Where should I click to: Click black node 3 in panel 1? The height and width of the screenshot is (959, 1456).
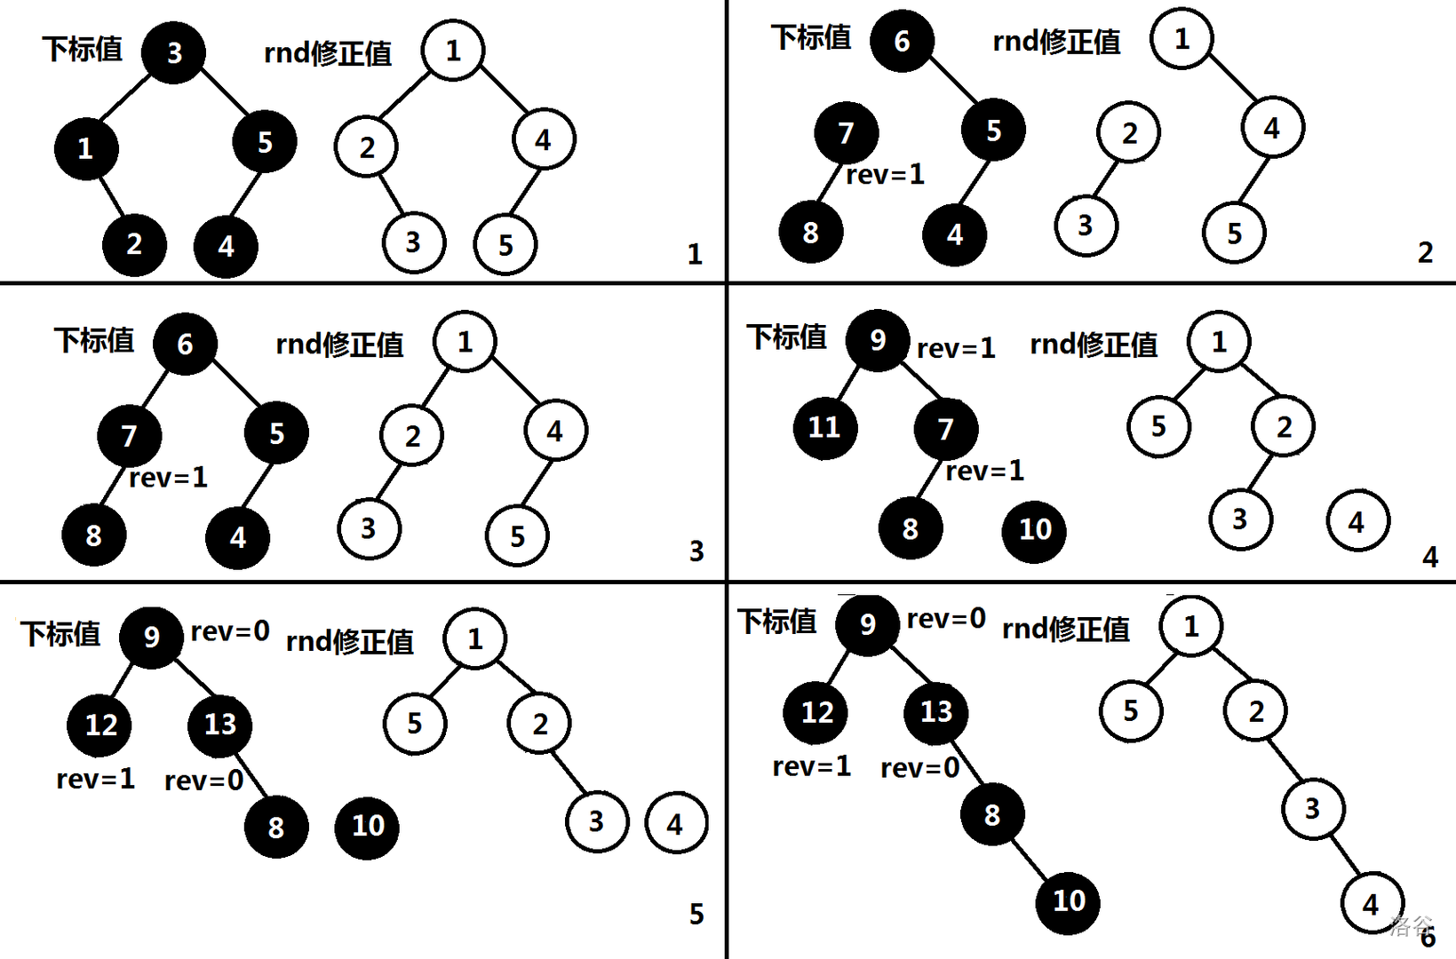[174, 52]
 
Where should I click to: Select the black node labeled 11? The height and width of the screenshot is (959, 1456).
[825, 428]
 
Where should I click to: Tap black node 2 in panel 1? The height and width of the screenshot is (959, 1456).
[134, 243]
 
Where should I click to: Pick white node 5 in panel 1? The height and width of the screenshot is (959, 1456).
[505, 244]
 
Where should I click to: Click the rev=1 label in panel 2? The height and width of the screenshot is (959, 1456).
[885, 175]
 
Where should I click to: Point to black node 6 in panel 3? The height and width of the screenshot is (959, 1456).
[185, 344]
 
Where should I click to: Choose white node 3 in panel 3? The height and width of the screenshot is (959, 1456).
[369, 528]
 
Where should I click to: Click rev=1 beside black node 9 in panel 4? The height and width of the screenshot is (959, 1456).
[956, 348]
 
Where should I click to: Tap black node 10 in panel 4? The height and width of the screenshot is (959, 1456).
[1034, 530]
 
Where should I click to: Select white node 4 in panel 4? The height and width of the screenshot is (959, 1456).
[1357, 521]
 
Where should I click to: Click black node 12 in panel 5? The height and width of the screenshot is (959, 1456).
[100, 725]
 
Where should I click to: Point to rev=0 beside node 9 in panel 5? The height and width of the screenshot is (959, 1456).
[230, 631]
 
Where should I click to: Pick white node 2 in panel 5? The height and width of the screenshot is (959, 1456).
[539, 724]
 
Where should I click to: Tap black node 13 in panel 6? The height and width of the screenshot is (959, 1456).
[936, 711]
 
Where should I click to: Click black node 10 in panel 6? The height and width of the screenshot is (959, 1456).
[1069, 901]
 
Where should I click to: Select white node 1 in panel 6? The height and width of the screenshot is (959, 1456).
[1191, 626]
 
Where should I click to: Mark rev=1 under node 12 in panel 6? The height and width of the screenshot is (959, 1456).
[811, 765]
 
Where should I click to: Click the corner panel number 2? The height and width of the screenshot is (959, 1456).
[1425, 253]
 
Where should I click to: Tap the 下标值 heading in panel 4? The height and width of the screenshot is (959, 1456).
[786, 337]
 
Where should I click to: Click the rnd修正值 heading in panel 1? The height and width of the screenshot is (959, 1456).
[328, 53]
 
